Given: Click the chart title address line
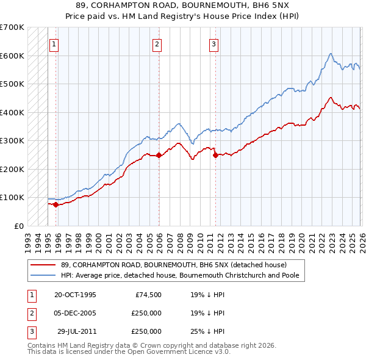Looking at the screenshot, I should (x=182, y=6).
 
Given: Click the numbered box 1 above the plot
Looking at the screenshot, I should (x=54, y=43).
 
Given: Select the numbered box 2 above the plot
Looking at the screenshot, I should (x=157, y=43).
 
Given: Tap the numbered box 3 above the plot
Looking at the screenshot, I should (x=214, y=43).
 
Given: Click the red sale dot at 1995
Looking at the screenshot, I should (x=56, y=204).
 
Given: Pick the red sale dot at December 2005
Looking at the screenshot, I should (x=159, y=155).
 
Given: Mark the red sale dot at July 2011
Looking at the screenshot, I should (x=215, y=155).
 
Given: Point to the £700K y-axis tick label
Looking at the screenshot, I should (x=12, y=27).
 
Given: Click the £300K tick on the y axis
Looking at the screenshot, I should (x=12, y=141).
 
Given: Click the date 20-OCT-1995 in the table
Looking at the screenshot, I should (x=75, y=295).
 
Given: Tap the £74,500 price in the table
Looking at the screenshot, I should (x=148, y=295).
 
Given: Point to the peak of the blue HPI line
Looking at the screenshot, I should (x=329, y=54).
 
